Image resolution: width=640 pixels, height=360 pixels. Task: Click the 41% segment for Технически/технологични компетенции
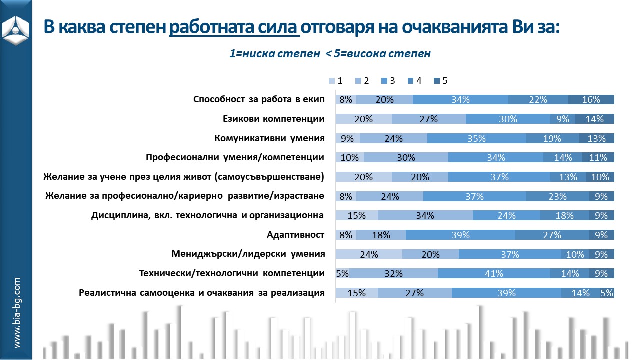pyautogui.click(x=494, y=273)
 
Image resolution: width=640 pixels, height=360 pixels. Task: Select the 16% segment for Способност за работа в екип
pyautogui.click(x=591, y=99)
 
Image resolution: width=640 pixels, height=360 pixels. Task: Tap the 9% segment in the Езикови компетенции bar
pyautogui.click(x=563, y=119)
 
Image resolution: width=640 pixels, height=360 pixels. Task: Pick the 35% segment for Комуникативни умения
pyautogui.click(x=476, y=138)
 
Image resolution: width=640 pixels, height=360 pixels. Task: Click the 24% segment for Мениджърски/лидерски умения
pyautogui.click(x=368, y=254)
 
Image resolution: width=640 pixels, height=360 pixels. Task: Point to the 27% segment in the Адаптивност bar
pyautogui.click(x=552, y=235)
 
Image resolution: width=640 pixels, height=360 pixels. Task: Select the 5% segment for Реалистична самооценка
pyautogui.click(x=607, y=293)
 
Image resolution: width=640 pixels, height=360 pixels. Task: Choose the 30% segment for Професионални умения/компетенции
pyautogui.click(x=406, y=157)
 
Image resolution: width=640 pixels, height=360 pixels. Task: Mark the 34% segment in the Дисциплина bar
pyautogui.click(x=425, y=215)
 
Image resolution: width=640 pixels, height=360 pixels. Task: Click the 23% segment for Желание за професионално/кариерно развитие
pyautogui.click(x=557, y=196)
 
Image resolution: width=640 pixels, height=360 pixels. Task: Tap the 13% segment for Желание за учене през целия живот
pyautogui.click(x=568, y=177)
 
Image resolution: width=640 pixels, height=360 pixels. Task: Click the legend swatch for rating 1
pyautogui.click(x=332, y=81)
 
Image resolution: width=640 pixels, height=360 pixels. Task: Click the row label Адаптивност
pyautogui.click(x=296, y=235)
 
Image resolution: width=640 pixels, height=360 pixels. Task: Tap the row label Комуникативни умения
pyautogui.click(x=270, y=138)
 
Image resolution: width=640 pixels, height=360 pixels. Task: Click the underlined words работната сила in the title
pyautogui.click(x=234, y=27)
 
